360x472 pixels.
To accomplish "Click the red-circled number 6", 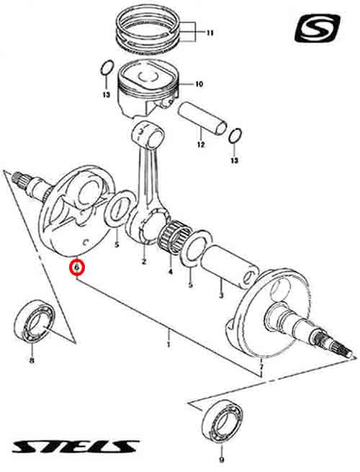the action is tap(77, 267).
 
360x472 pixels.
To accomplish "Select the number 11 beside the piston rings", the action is tap(210, 33).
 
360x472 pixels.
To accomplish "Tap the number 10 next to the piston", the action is tap(199, 84).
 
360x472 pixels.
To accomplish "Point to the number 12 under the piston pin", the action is tap(201, 145).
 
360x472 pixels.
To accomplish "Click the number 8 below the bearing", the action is tap(32, 360).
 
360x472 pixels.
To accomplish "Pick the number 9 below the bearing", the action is tap(222, 460).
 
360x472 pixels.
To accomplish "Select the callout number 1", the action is tap(168, 344).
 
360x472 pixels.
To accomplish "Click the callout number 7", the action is tap(261, 368).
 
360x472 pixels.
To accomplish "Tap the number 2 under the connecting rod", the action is tap(144, 262).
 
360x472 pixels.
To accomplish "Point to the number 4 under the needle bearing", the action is tap(171, 272).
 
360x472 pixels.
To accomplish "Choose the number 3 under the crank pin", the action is tap(221, 295).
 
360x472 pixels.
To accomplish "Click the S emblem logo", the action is tap(318, 29).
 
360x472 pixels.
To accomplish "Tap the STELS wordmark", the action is tap(75, 447).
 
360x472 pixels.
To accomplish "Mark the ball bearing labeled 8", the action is tap(35, 321).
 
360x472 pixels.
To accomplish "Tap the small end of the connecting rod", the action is tap(148, 134).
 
